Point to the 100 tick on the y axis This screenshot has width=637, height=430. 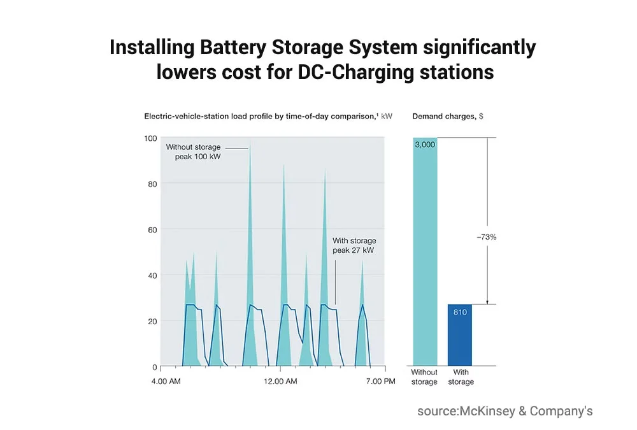150,138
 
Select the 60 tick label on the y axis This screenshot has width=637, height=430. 152,229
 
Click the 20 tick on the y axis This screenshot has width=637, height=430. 152,321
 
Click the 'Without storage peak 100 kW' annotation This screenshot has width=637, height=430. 194,152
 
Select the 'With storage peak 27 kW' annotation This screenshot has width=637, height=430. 354,246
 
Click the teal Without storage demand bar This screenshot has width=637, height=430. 426,255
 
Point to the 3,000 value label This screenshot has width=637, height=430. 425,145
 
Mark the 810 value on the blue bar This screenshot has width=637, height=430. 461,312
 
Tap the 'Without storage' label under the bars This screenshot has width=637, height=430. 424,377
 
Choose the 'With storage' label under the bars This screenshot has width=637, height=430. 461,377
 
